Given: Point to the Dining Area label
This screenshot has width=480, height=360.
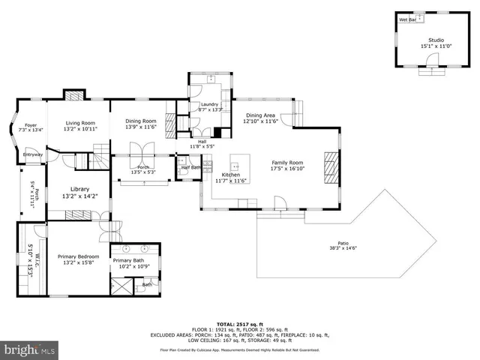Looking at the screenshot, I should pyautogui.click(x=260, y=115).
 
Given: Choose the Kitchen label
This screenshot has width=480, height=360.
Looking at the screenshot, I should pyautogui.click(x=230, y=174).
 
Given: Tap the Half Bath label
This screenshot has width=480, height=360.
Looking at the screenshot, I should pyautogui.click(x=190, y=167).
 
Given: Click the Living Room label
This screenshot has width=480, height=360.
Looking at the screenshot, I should pyautogui.click(x=80, y=123).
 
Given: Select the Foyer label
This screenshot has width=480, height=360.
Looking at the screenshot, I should pyautogui.click(x=31, y=125).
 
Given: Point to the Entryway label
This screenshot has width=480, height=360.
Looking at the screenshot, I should pyautogui.click(x=32, y=155).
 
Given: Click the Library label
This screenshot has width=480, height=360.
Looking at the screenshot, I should pyautogui.click(x=80, y=189).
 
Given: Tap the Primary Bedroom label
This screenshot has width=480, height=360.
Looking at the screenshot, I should pyautogui.click(x=78, y=256).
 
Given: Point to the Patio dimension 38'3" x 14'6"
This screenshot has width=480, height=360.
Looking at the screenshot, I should pyautogui.click(x=343, y=248).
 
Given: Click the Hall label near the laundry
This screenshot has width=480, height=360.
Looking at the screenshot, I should pyautogui.click(x=202, y=141).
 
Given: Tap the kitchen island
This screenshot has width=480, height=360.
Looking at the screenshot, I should pyautogui.click(x=238, y=163).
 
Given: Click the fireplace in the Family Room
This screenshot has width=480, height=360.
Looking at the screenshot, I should pyautogui.click(x=328, y=166).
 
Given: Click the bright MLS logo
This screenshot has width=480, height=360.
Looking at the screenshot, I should pyautogui.click(x=29, y=349).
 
